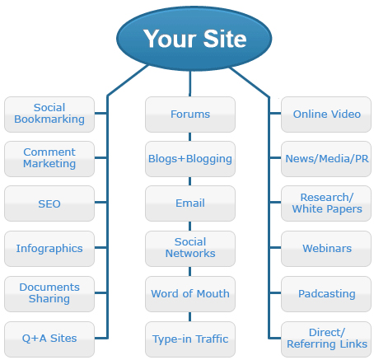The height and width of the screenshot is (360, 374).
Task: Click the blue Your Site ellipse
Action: point(194,39)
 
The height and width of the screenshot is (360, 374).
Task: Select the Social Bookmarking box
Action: point(49,115)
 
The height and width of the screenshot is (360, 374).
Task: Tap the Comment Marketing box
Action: point(49,159)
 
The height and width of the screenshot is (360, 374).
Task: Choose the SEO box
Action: point(49,203)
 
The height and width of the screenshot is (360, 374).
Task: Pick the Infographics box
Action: point(49,249)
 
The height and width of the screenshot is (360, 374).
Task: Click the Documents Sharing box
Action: point(49,294)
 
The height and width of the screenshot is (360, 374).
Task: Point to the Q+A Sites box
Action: point(49,339)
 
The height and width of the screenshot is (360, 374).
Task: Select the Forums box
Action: point(190,115)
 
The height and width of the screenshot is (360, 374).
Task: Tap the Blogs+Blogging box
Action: point(190,159)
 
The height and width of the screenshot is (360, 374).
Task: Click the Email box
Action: point(190,203)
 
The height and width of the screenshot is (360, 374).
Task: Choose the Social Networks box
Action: point(190,249)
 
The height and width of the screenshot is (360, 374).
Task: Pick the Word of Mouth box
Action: point(190,294)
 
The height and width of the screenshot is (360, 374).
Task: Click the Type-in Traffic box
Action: point(190,339)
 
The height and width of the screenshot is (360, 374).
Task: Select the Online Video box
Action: point(326,115)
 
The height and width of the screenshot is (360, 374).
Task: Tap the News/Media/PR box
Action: point(326,159)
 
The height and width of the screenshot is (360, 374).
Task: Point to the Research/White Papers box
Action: point(326,203)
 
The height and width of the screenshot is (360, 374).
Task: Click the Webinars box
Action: point(326,249)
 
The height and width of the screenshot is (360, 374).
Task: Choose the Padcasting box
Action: point(326,294)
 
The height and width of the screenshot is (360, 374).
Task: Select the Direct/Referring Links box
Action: point(326,339)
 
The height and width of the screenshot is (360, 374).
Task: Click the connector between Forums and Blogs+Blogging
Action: point(189,137)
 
